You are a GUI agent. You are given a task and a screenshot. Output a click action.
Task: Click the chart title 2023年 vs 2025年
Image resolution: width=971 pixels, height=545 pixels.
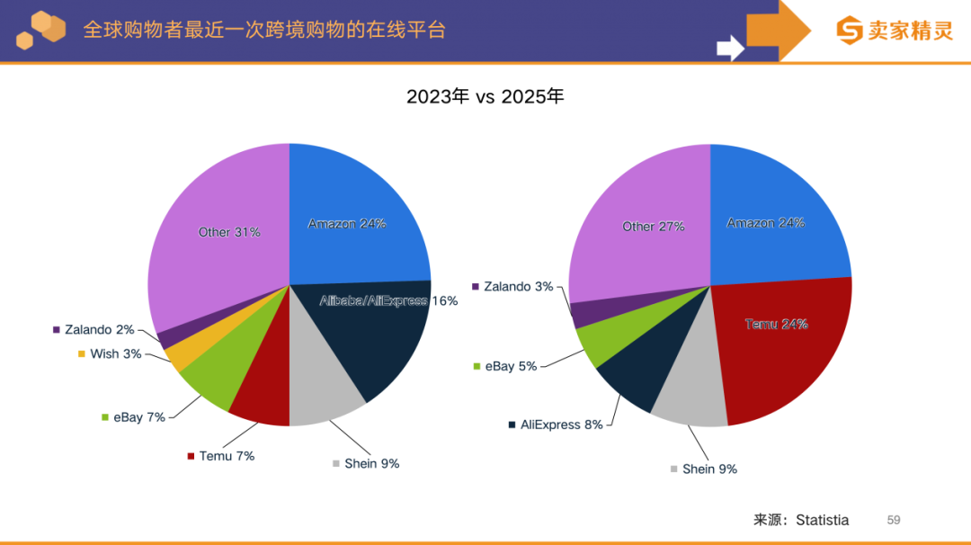coord(485,96)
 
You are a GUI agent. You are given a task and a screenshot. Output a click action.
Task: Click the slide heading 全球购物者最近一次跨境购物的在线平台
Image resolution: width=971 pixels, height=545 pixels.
coord(264,29)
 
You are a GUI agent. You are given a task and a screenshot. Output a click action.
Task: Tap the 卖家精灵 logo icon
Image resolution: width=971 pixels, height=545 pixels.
coord(849,30)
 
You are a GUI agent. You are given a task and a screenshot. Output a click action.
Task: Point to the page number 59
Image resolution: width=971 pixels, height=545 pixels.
coord(893,520)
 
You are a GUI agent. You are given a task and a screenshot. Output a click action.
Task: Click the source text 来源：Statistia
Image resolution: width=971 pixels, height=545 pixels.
coord(800,520)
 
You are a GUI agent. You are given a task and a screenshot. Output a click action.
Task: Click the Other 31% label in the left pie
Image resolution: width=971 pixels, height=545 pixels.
coord(229,232)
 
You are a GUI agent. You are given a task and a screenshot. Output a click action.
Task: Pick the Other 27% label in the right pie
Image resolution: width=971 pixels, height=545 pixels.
coord(654,227)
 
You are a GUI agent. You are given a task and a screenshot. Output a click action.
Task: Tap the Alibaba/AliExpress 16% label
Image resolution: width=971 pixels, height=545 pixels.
coord(388,300)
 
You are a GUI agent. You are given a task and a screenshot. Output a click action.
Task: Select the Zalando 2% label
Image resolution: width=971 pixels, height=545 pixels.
coord(99,330)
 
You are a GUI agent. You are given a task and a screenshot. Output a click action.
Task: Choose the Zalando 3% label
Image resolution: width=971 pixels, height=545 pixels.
coord(518,287)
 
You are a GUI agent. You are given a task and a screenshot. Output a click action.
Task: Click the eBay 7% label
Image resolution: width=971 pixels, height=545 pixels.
coord(138,417)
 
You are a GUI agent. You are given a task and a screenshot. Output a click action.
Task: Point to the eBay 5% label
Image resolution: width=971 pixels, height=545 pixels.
coord(511,366)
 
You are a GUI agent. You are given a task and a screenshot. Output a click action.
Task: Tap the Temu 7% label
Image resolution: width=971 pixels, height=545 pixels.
coord(227,456)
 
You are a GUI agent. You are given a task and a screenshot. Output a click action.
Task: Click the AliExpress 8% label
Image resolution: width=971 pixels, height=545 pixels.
coord(561,424)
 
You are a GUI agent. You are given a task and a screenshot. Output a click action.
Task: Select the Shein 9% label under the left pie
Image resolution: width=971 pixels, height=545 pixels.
coord(371,463)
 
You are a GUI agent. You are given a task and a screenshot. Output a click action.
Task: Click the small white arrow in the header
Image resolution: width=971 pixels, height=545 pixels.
coord(730,47)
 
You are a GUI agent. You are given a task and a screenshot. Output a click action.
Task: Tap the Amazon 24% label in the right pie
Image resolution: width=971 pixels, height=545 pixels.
coord(765,223)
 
